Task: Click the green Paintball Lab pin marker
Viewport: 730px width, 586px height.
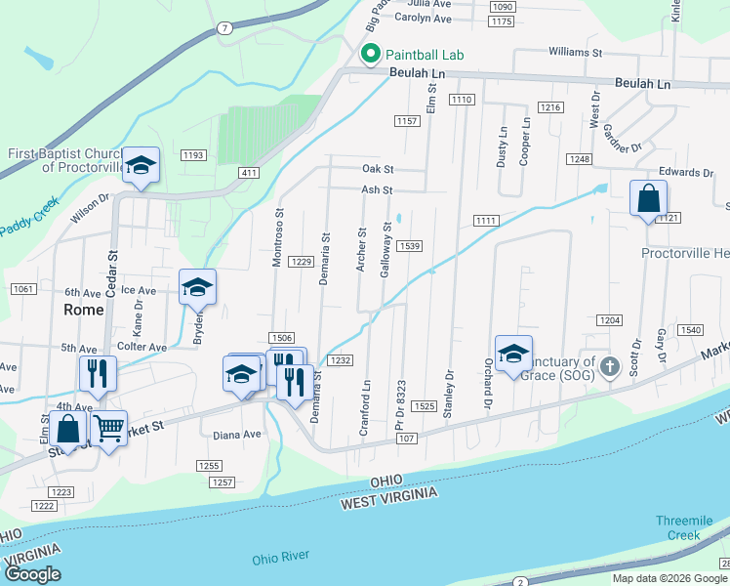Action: coord(370,55)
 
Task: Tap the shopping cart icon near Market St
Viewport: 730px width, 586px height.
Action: coord(108,427)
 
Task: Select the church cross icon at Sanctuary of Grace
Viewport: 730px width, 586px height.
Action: coord(610,367)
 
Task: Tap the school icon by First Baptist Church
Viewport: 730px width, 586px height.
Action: coord(141,166)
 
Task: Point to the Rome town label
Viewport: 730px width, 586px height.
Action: coord(83,309)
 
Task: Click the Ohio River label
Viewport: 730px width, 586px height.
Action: coord(280,556)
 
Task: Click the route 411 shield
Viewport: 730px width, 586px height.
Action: coord(248,172)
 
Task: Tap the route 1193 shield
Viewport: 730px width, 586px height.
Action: coord(193,155)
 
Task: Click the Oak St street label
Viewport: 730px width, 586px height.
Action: coord(377,169)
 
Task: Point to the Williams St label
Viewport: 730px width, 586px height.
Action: coord(576,51)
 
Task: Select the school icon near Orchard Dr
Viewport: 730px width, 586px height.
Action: coord(513,355)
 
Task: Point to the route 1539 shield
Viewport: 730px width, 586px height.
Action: coord(409,246)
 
